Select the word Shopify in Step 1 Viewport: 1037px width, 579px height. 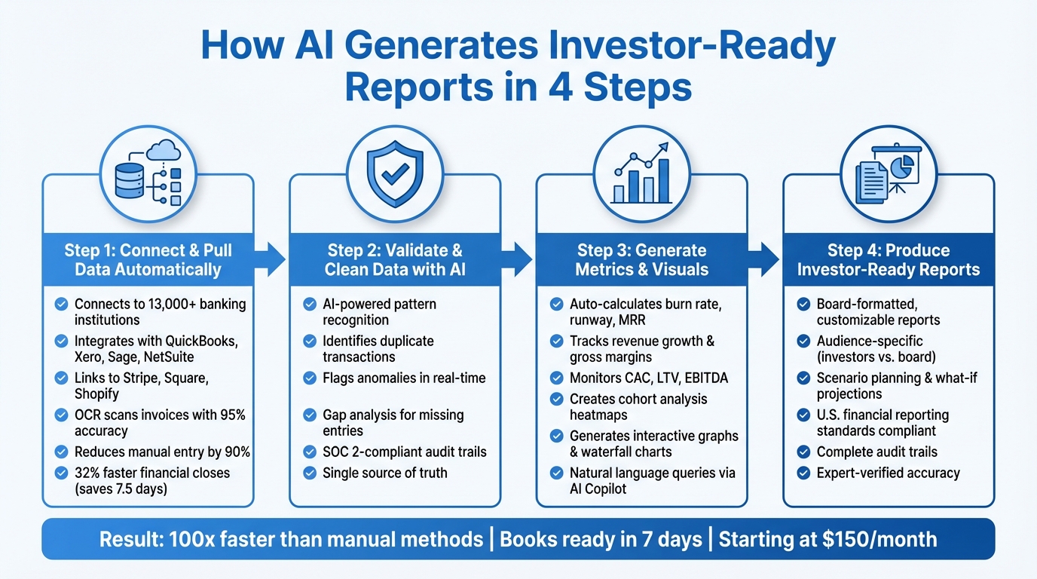96,394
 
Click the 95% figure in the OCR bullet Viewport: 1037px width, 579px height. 230,415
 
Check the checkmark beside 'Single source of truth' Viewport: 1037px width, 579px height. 309,473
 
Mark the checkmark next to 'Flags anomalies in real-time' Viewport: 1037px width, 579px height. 309,378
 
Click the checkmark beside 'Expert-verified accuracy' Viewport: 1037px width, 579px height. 803,473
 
